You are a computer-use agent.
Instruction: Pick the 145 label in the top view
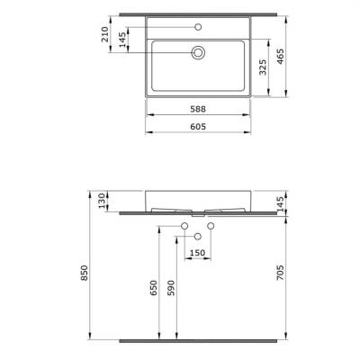(123, 42)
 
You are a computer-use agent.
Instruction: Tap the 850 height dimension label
(85, 272)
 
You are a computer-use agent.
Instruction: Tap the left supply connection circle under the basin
(184, 224)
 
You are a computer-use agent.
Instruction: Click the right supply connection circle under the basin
(211, 224)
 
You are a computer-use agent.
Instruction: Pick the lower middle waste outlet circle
(197, 236)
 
